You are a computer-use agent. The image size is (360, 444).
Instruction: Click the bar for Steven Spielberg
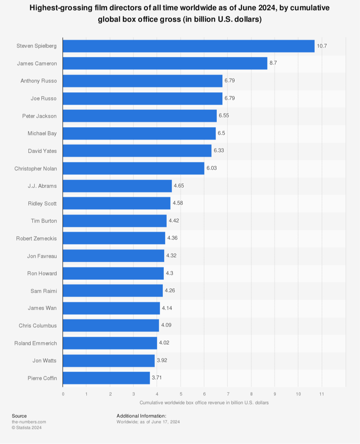point(189,46)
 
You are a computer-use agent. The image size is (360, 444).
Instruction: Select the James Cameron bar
point(165,63)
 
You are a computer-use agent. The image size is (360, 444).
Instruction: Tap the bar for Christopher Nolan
point(134,169)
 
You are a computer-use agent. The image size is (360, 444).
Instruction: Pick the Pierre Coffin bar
point(106,378)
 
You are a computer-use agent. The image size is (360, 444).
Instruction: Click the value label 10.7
point(322,46)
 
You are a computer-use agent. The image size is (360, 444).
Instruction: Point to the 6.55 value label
point(224,116)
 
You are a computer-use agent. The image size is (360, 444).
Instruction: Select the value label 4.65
point(179,185)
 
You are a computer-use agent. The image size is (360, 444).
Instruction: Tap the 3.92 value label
point(162,360)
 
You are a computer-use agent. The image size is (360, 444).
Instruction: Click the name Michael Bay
point(42,134)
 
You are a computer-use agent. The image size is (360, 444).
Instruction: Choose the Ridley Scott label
point(42,204)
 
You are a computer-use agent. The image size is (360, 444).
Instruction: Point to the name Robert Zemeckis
point(36,238)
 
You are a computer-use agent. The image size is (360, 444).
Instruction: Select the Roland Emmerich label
point(36,343)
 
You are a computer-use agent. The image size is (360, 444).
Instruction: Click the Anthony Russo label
point(39,81)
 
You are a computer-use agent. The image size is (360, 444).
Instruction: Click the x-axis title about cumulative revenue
point(204,403)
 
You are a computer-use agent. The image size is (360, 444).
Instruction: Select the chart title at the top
point(180,13)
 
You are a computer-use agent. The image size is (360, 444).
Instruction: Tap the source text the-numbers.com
point(29,422)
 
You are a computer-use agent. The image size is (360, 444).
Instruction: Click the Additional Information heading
point(141,416)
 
